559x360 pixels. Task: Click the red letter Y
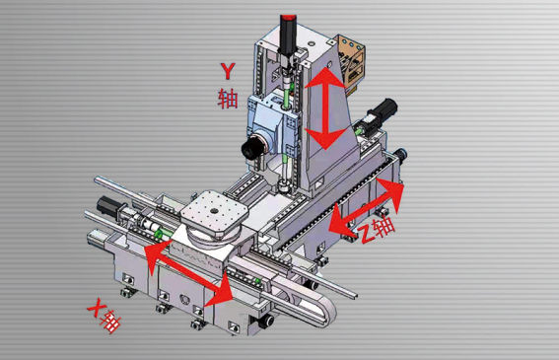pos(228,71)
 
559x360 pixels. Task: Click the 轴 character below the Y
pos(228,98)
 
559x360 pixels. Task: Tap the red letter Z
pos(366,234)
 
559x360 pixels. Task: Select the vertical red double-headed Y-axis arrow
pos(325,108)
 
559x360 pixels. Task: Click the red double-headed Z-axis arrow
pos(367,207)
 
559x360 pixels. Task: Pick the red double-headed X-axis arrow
pos(189,272)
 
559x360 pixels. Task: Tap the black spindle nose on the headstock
pos(252,147)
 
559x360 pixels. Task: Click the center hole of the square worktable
pos(214,211)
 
